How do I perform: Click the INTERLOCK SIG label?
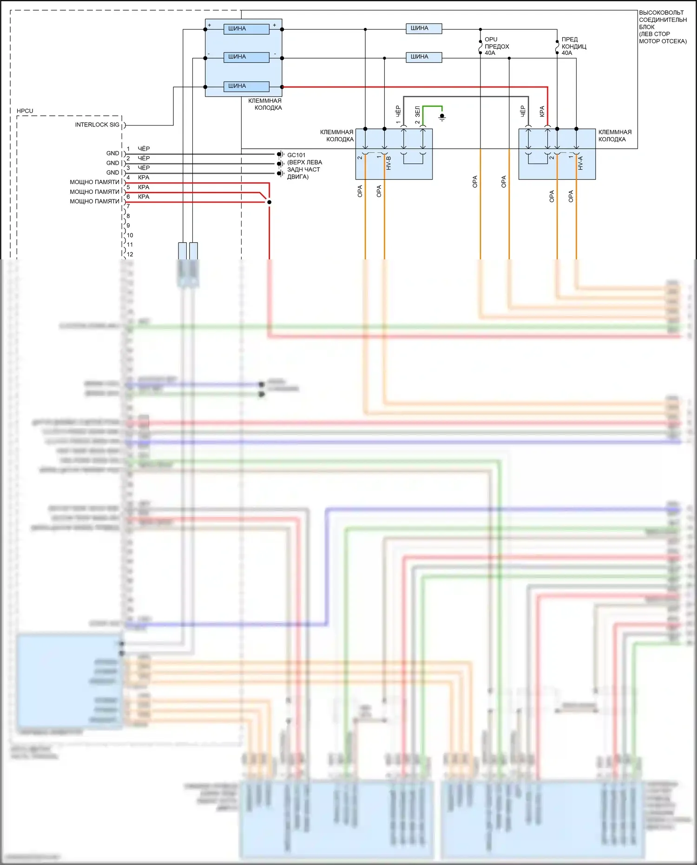(97, 125)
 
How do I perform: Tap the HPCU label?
(25, 111)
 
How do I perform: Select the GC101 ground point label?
(296, 155)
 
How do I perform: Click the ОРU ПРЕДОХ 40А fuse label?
(496, 46)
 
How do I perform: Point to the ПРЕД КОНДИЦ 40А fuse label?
(573, 46)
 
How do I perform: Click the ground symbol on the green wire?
(442, 117)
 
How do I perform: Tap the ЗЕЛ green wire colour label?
(417, 112)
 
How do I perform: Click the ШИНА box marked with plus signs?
(246, 29)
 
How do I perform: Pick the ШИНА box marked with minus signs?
(246, 57)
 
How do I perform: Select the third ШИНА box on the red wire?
(246, 86)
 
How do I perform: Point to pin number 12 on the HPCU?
(130, 254)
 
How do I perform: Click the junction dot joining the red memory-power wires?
(269, 202)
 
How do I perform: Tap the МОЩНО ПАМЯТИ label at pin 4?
(94, 182)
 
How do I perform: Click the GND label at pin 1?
(112, 153)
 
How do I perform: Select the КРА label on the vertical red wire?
(542, 112)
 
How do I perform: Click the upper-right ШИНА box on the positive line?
(424, 29)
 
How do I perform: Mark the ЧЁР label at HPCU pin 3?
(144, 168)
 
